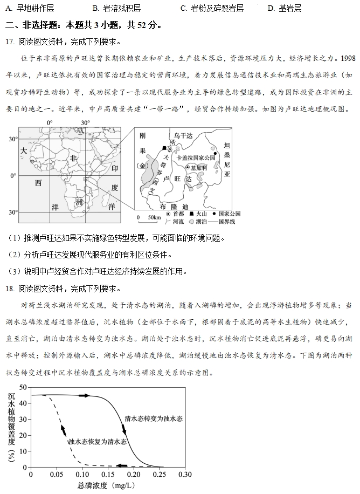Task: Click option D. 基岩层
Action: [284, 8]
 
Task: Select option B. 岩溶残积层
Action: [116, 8]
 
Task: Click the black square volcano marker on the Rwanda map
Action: [164, 148]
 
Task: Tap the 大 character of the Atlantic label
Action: [24, 151]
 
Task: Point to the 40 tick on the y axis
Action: [23, 403]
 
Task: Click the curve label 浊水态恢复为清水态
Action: [97, 442]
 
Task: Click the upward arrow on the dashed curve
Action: [64, 430]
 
